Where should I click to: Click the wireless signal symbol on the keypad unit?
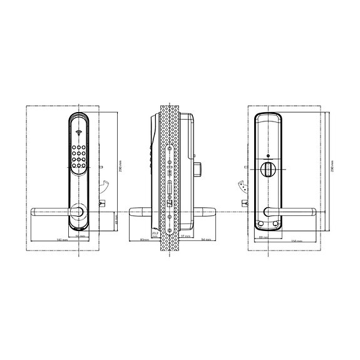pos(79,133)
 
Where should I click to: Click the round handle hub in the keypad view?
pos(78,212)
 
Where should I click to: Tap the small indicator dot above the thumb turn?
pos(267,157)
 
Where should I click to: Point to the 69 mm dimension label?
pos(262,237)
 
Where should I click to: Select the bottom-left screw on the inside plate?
pos(260,224)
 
